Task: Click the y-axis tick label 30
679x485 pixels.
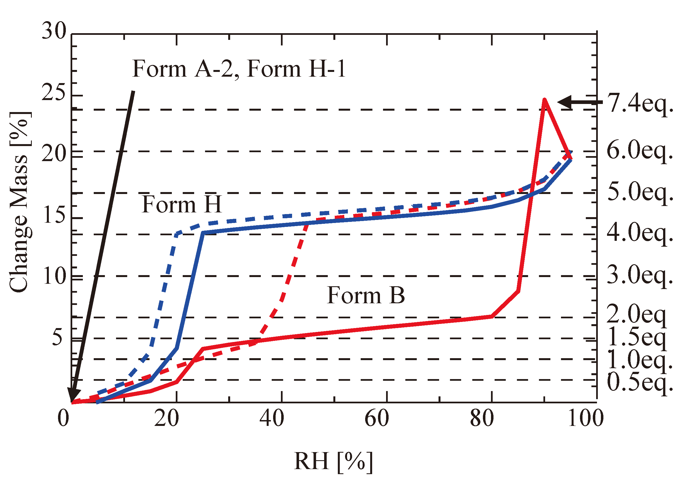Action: (x=54, y=31)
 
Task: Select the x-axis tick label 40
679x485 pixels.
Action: (x=271, y=418)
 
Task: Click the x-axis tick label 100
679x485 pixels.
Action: (x=585, y=418)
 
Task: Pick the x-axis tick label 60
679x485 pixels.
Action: (x=377, y=418)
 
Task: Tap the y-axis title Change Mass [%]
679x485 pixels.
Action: (x=20, y=202)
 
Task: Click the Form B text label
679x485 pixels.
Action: (x=366, y=295)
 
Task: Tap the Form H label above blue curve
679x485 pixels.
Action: (x=182, y=204)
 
